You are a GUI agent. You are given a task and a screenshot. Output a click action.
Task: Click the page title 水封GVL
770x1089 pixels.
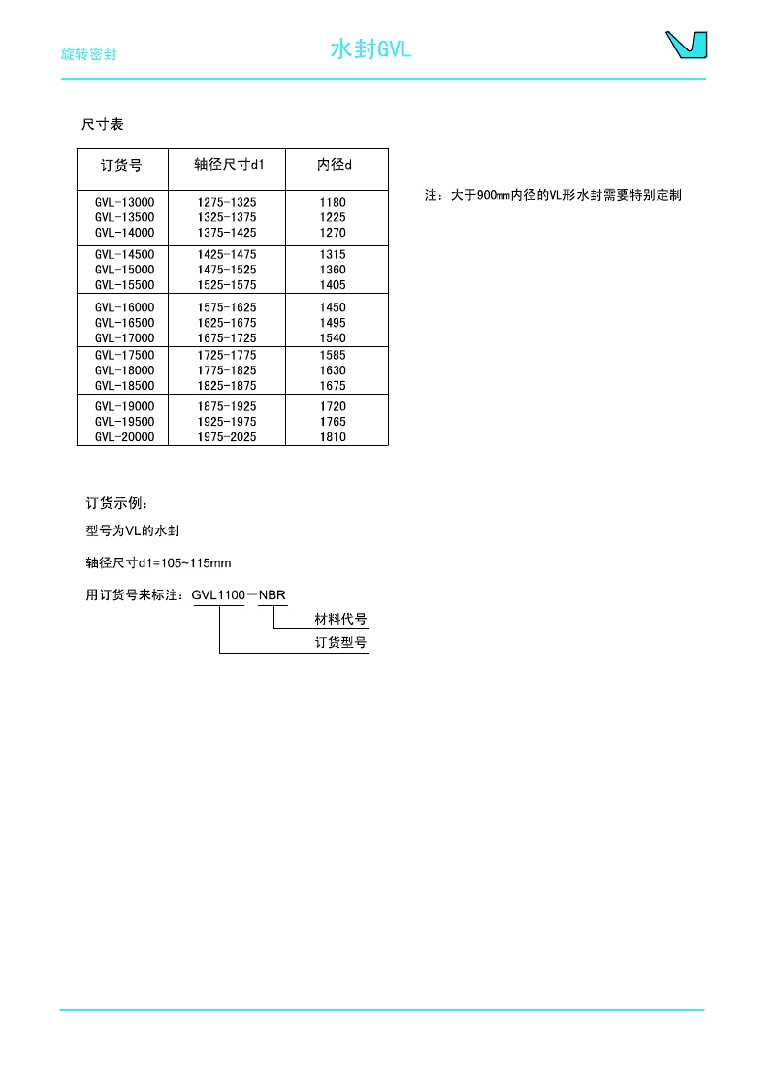(x=371, y=49)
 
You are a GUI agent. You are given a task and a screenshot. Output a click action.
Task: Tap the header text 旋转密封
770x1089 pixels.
(x=88, y=54)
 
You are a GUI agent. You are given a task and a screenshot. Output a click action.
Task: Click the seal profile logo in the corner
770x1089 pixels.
(x=686, y=46)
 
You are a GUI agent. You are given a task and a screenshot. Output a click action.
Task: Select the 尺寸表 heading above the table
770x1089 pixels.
(x=103, y=125)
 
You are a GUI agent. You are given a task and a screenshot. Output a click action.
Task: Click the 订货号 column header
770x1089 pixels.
(x=122, y=165)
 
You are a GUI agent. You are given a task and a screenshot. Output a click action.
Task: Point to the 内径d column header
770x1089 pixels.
(x=335, y=165)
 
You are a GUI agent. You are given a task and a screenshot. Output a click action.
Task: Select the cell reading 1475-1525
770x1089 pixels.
(x=227, y=270)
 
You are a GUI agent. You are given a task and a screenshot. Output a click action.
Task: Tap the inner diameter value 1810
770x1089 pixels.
(x=333, y=437)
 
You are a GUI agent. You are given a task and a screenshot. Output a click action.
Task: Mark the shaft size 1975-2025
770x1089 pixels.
(x=227, y=437)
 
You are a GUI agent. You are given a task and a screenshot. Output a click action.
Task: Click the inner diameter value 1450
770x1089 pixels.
(x=333, y=307)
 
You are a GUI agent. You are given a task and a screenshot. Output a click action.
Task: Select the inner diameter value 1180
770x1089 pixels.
(x=333, y=202)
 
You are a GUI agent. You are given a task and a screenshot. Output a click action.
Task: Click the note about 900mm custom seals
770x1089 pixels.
(x=553, y=195)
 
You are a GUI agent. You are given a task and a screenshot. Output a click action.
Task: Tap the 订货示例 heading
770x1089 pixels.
(x=117, y=503)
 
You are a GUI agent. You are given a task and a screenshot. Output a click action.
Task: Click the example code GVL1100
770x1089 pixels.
(x=218, y=594)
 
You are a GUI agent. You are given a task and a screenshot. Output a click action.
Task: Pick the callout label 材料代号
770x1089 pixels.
(x=340, y=619)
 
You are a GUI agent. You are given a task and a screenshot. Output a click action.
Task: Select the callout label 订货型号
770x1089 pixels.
(x=340, y=643)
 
